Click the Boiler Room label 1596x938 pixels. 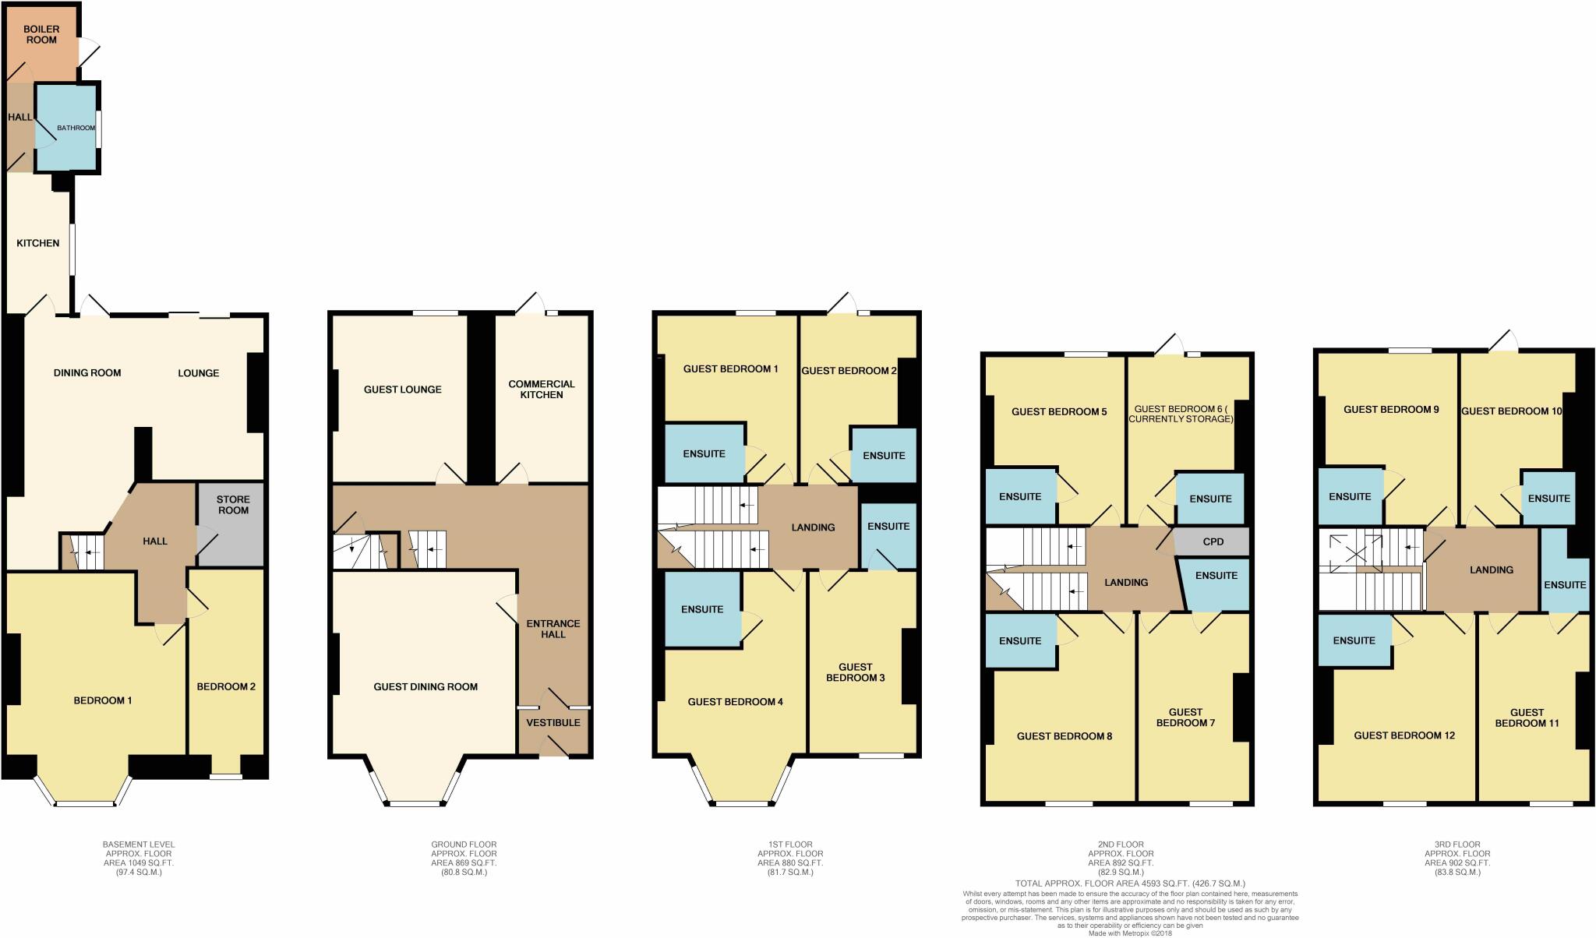point(41,34)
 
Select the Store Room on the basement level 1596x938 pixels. point(232,506)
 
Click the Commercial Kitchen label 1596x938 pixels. point(542,390)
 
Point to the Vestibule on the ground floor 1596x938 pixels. point(553,723)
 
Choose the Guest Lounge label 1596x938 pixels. point(402,390)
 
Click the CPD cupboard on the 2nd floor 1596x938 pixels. point(1213,541)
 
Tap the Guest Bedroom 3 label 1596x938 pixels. point(855,672)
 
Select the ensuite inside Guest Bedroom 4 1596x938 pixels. point(702,609)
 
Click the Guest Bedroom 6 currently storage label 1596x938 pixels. point(1184,414)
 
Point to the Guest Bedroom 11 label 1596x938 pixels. point(1527,718)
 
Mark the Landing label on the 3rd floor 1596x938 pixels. point(1491,569)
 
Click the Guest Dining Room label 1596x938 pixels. point(425,686)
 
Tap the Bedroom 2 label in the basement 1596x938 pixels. point(226,686)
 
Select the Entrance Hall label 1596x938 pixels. point(553,629)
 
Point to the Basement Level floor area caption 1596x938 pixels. point(139,859)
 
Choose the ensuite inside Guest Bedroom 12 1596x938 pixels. point(1354,640)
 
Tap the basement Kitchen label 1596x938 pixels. point(38,243)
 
